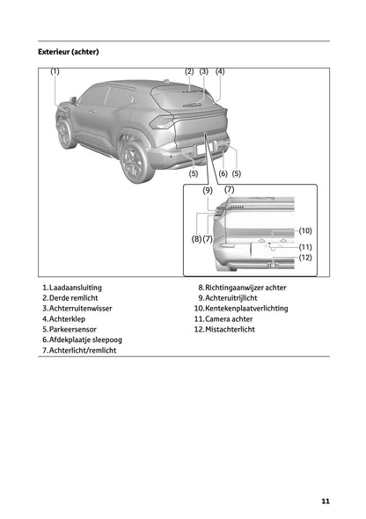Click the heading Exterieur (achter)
click(x=68, y=52)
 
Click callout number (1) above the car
click(x=55, y=71)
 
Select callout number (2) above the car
click(x=189, y=71)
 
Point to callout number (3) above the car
click(x=204, y=71)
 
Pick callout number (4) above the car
click(x=220, y=71)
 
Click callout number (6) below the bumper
click(x=223, y=173)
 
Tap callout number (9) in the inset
click(x=208, y=190)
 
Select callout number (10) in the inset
click(x=304, y=230)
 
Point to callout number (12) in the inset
click(x=304, y=258)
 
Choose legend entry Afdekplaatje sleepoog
click(x=85, y=340)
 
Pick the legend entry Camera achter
click(x=231, y=318)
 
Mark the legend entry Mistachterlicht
click(x=234, y=329)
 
